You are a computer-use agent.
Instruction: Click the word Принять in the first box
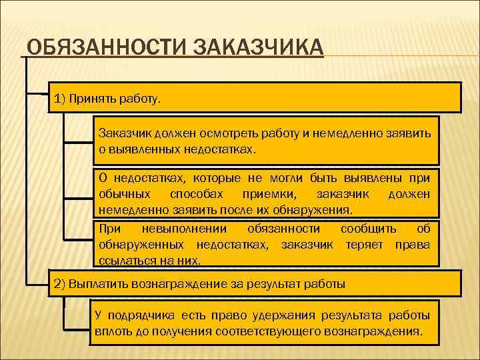point(96,99)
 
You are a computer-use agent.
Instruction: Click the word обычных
point(123,194)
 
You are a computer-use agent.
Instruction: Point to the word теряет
point(365,245)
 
